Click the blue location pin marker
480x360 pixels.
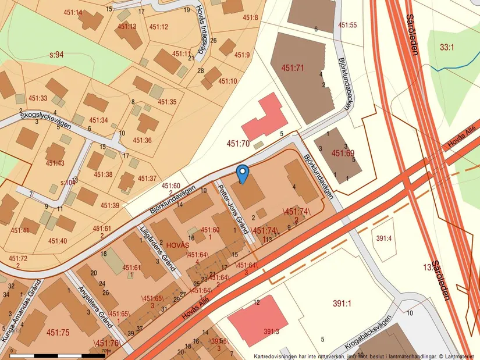point(243,173)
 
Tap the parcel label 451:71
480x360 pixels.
point(293,68)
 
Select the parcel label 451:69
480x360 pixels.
point(343,154)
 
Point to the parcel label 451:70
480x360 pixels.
point(237,143)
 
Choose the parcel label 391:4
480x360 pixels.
point(384,238)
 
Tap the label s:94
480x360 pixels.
point(56,55)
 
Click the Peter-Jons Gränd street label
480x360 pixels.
point(231,206)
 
